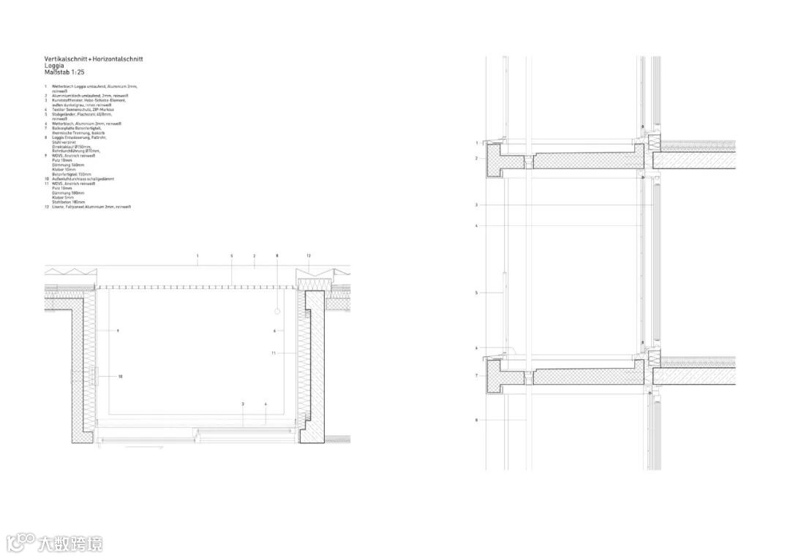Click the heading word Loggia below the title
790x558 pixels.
(54, 65)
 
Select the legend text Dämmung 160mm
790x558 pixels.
(66, 165)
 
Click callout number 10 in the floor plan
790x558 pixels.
(120, 376)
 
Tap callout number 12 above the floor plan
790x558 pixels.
(309, 256)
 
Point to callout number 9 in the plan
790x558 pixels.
(117, 331)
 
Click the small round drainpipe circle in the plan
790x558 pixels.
(277, 312)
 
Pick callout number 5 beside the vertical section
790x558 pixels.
(476, 293)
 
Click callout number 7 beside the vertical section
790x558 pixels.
(476, 375)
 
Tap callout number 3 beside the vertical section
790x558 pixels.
(476, 205)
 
